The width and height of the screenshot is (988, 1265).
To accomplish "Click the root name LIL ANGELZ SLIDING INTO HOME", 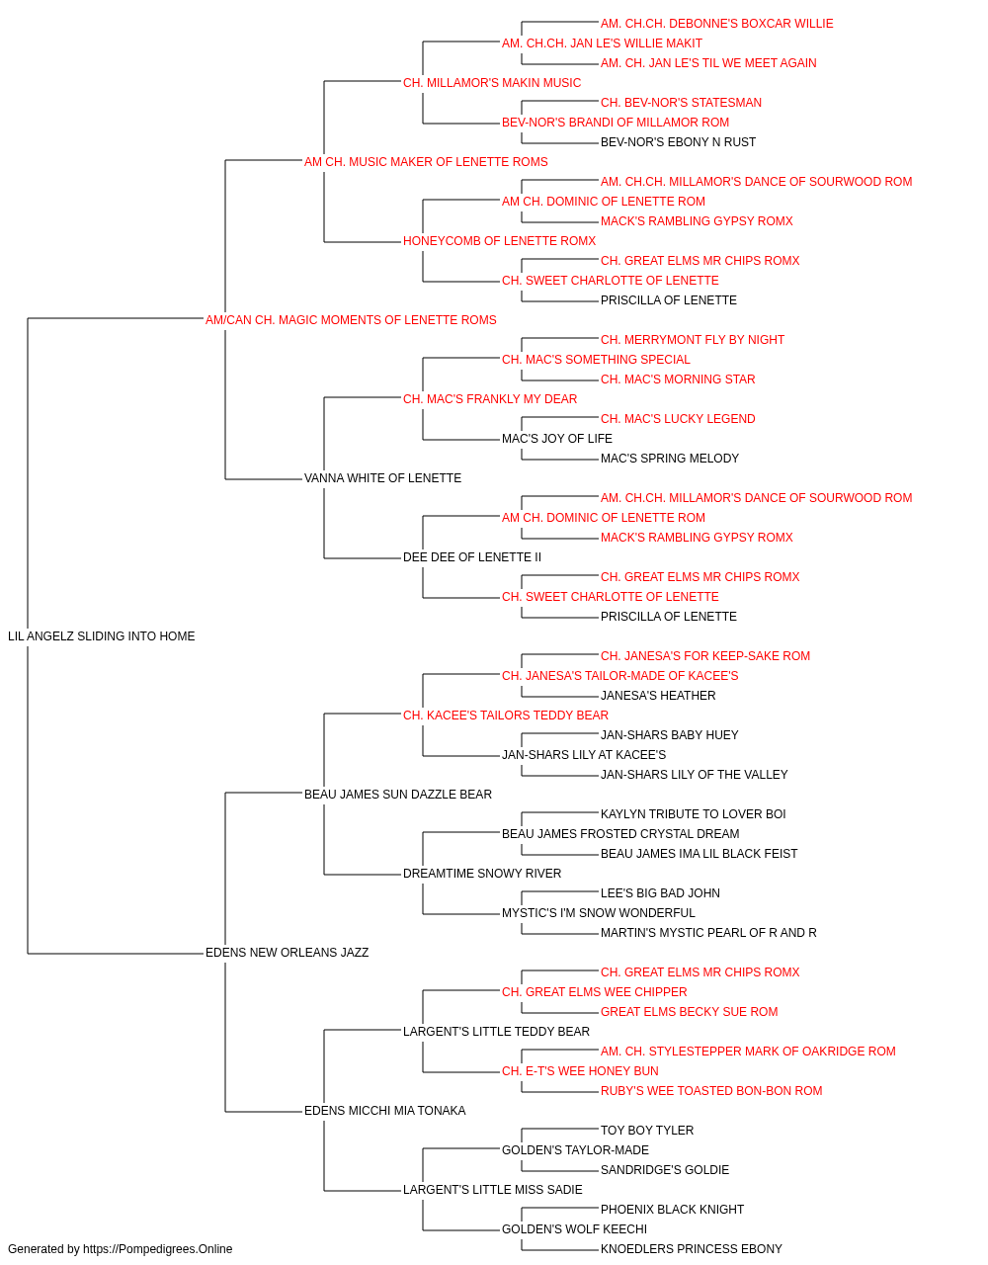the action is (x=101, y=636).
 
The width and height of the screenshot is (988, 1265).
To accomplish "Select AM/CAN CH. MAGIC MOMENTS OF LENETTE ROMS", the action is (x=351, y=320).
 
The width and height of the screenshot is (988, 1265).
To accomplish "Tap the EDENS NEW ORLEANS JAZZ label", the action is (x=287, y=953).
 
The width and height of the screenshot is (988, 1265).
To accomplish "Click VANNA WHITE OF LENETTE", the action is (x=382, y=478).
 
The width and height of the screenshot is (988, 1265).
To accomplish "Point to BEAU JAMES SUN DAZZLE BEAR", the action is (x=398, y=795).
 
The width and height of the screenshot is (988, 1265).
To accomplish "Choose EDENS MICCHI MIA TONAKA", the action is (x=384, y=1111).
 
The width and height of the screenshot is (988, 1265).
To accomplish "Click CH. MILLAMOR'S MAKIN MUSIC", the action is (x=492, y=83).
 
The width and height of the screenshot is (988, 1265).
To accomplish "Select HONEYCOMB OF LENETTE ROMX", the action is (x=499, y=241).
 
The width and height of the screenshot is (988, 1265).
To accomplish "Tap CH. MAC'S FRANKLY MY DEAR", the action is (x=490, y=399).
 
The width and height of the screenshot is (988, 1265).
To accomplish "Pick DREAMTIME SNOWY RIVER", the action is (x=482, y=874).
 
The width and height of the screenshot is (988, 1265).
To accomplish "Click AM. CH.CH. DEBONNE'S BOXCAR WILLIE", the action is (x=717, y=24).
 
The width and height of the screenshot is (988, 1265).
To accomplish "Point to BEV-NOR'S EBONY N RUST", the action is (x=678, y=142).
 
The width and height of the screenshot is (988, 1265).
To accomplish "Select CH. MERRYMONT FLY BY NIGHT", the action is (x=693, y=340).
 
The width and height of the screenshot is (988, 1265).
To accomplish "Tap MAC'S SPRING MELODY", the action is (x=670, y=459).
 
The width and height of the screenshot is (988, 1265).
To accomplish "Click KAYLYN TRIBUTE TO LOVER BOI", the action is (x=693, y=814).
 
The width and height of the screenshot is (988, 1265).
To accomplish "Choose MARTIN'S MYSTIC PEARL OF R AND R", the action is (x=708, y=933).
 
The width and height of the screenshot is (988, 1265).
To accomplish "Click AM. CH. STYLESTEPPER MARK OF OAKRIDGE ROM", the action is (x=748, y=1052).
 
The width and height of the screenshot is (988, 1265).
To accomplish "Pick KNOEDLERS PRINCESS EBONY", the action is (x=692, y=1249).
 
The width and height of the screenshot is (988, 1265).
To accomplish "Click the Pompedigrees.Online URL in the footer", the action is (x=157, y=1249).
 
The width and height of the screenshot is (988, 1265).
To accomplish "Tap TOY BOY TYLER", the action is (x=647, y=1131).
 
